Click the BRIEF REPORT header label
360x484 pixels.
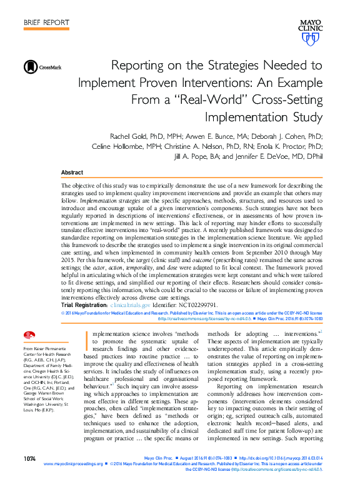46,23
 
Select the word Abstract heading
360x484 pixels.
72,172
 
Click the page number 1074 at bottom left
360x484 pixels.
29,458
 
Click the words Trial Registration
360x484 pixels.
84,305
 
